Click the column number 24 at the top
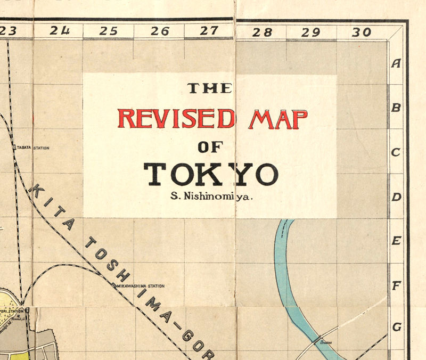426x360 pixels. tap(60, 31)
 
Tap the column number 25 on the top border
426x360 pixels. tap(108, 31)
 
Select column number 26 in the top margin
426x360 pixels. tap(160, 31)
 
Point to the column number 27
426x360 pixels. tap(209, 31)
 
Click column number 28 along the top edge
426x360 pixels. tap(262, 32)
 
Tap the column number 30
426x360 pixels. tap(361, 32)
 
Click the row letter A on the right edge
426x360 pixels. tap(396, 63)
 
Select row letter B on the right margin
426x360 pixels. tap(396, 108)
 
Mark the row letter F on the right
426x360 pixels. tap(396, 286)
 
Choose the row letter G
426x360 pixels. tap(396, 326)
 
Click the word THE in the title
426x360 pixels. tap(209, 88)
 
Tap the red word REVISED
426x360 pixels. tap(176, 118)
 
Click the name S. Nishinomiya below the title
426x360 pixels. tap(211, 196)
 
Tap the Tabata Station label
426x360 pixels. tap(32, 148)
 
